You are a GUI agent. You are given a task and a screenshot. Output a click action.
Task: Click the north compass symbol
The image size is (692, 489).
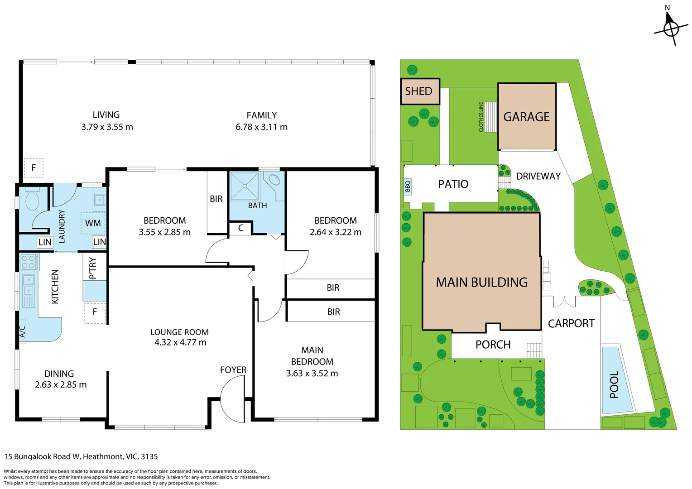coord(671,29)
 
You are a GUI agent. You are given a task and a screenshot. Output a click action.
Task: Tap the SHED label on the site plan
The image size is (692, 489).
coord(418,91)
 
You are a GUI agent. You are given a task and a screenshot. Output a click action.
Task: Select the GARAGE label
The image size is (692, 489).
coord(526,117)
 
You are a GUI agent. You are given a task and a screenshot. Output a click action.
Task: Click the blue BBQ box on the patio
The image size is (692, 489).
coord(408,186)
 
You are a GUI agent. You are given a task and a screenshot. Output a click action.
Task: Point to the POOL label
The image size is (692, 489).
coord(614,384)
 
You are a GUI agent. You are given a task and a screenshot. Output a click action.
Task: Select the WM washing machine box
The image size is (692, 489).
coord(93,223)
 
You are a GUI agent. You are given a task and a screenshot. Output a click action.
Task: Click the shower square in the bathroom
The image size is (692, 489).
coord(245,186)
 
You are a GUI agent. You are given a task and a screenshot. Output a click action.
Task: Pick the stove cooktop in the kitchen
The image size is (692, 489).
coord(29,262)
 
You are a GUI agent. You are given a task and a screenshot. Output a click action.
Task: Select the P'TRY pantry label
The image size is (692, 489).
coord(93,268)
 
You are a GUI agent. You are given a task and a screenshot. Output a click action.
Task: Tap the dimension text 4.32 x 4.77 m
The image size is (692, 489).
coord(180,342)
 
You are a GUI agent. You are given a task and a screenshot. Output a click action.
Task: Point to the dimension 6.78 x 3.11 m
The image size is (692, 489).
coord(261,127)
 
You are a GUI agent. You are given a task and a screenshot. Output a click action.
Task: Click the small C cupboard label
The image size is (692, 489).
coord(241,228)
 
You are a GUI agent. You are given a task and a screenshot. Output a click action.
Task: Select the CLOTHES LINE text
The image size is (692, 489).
coord(481,117)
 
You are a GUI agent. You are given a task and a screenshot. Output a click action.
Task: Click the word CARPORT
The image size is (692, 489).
coord(571,323)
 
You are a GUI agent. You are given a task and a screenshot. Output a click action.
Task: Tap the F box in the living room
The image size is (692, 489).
coord(34,168)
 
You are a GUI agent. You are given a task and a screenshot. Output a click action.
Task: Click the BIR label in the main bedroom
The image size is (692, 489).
coord(333,312)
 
